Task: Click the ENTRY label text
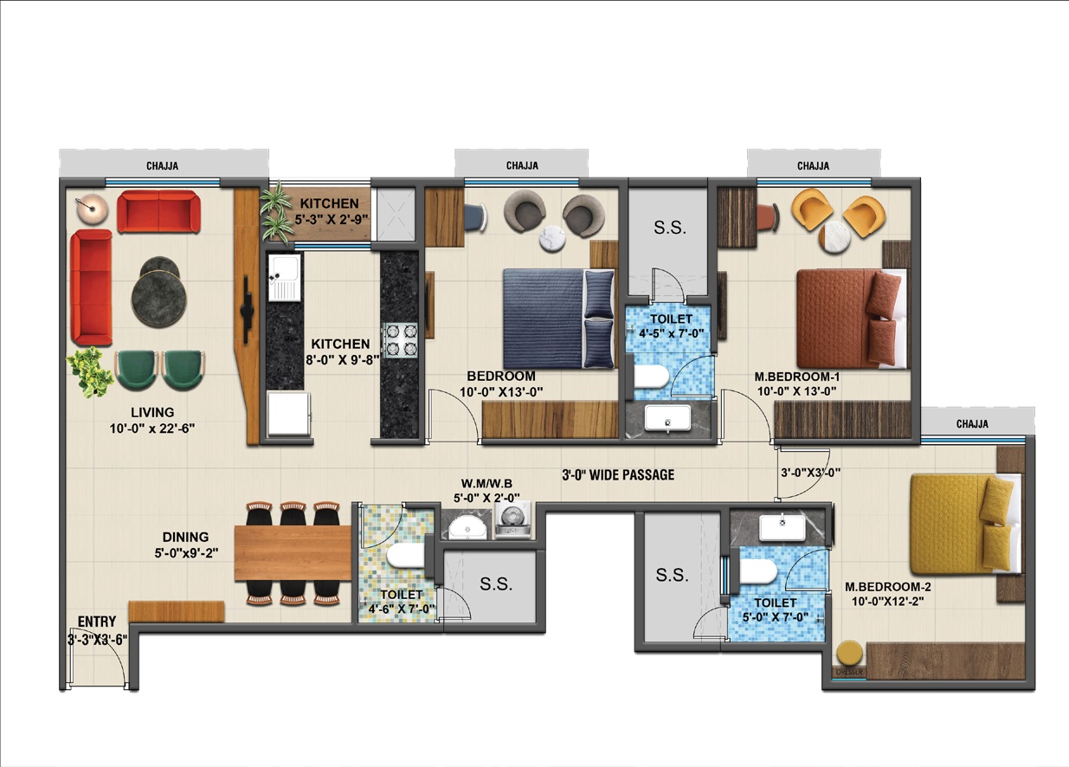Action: pos(97,622)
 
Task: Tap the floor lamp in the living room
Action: pos(92,209)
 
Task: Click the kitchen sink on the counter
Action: pos(285,278)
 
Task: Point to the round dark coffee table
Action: pos(159,292)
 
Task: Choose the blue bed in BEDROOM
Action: pos(559,319)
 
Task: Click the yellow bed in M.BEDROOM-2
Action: pos(965,523)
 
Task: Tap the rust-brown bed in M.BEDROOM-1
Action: pos(852,319)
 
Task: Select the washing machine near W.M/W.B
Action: pos(512,519)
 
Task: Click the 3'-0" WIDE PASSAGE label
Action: pos(618,475)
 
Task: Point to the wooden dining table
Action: pos(293,553)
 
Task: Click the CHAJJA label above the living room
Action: pos(162,166)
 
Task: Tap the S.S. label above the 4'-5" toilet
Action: pos(670,229)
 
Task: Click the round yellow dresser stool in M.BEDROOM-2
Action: pos(849,653)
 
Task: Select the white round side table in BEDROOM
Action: pos(552,238)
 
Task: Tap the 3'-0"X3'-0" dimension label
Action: pos(810,473)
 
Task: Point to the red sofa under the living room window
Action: pos(159,211)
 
